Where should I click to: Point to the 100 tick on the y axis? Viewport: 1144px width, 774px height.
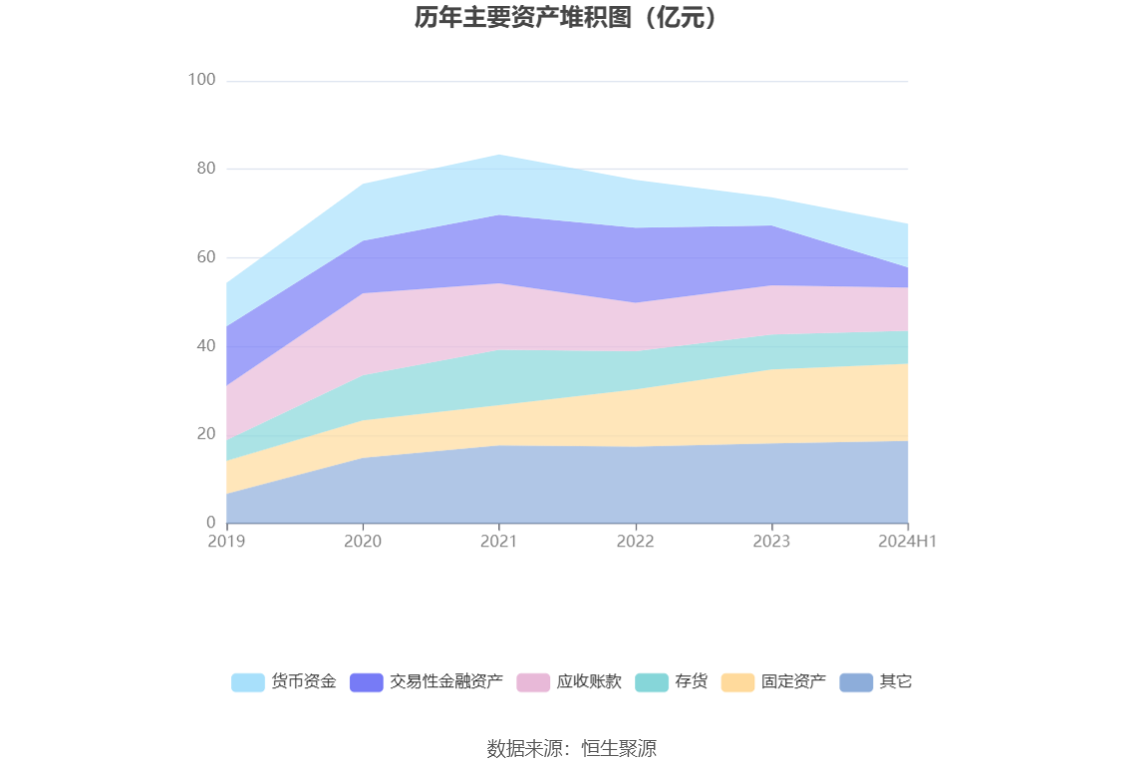pyautogui.click(x=202, y=80)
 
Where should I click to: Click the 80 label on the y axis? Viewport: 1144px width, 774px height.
pyautogui.click(x=205, y=169)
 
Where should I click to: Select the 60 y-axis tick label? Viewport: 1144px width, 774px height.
pyautogui.click(x=205, y=257)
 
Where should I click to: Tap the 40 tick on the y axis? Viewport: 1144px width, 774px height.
pyautogui.click(x=205, y=345)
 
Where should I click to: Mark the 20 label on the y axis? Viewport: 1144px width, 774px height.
pyautogui.click(x=205, y=434)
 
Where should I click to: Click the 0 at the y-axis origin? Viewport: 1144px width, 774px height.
pyautogui.click(x=210, y=523)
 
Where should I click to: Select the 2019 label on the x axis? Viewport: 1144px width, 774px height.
pyautogui.click(x=226, y=542)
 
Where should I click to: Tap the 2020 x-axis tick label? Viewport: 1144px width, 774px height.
pyautogui.click(x=363, y=542)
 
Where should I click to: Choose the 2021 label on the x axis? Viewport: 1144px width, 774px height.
pyautogui.click(x=499, y=542)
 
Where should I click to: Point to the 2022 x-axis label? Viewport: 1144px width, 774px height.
pyautogui.click(x=635, y=542)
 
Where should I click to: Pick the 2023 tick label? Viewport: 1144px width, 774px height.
pyautogui.click(x=771, y=542)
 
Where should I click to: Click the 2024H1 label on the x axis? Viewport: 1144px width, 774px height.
pyautogui.click(x=907, y=542)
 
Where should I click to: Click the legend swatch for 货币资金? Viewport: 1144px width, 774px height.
pyautogui.click(x=248, y=682)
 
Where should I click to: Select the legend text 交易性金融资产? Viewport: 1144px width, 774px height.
pyautogui.click(x=445, y=682)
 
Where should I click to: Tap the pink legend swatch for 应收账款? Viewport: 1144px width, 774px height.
pyautogui.click(x=533, y=682)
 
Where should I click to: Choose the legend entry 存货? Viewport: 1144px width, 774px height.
pyautogui.click(x=691, y=682)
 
